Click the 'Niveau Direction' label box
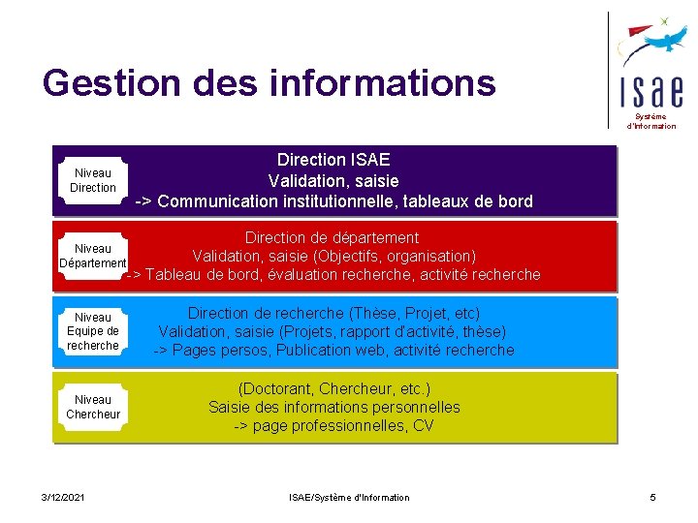click(93, 181)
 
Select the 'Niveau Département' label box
click(93, 257)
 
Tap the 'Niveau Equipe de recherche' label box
click(93, 331)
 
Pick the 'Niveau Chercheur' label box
click(93, 407)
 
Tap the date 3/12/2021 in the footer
click(63, 497)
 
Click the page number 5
click(653, 497)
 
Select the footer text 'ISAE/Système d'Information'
click(349, 497)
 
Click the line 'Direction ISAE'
click(333, 160)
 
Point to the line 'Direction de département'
click(333, 237)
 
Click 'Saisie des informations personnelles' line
click(334, 407)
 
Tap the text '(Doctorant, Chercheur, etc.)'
click(334, 388)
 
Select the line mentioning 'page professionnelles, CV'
click(334, 426)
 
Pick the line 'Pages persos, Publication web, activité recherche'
click(333, 350)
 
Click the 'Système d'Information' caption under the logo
click(650, 121)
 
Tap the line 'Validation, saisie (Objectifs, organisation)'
click(334, 256)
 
